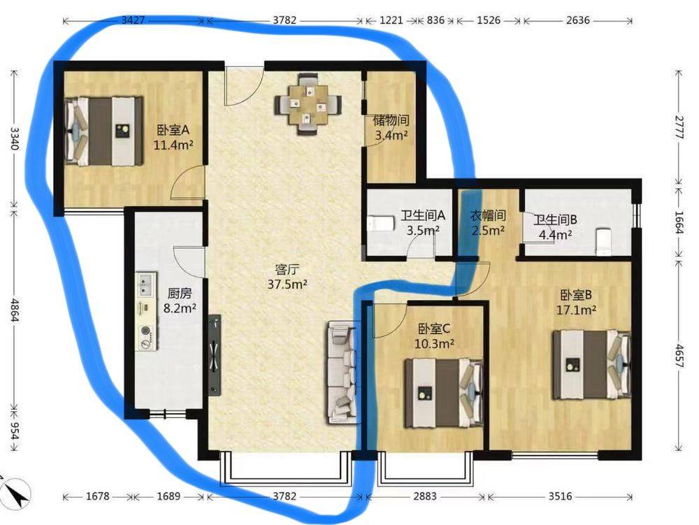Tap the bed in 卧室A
tap(104, 131)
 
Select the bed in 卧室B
tap(591, 364)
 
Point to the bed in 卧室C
tap(445, 394)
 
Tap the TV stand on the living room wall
tap(215, 355)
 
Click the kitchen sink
tap(146, 285)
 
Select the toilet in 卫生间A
tap(381, 223)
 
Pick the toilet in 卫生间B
tap(603, 242)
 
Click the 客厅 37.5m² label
tap(287, 277)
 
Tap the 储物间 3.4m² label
tap(391, 128)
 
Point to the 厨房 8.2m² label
tap(180, 301)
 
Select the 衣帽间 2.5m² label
tap(488, 223)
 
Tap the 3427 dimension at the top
tap(133, 20)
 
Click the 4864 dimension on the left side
tap(14, 310)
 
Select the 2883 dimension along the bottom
tap(424, 496)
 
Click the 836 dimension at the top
tap(435, 20)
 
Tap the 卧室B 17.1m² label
tap(576, 302)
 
